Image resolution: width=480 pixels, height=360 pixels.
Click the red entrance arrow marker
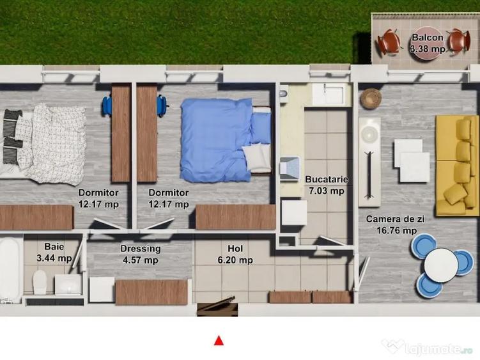pos(219,340)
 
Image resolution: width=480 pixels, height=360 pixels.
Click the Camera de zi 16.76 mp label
pos(391,224)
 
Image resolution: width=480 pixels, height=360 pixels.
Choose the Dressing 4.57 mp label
pos(141,254)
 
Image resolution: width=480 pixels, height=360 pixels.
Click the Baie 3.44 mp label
pos(54,252)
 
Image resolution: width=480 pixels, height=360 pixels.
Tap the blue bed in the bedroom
pos(221,139)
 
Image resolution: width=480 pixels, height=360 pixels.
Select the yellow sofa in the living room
pos(457,166)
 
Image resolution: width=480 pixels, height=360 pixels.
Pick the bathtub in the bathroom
pos(10,269)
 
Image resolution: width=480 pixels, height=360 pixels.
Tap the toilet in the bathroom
pos(40,282)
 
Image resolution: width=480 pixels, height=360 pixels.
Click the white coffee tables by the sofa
pos(411,160)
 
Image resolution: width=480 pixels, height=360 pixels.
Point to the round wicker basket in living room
pos(370,98)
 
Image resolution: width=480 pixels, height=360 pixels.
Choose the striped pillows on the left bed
pos(12,136)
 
